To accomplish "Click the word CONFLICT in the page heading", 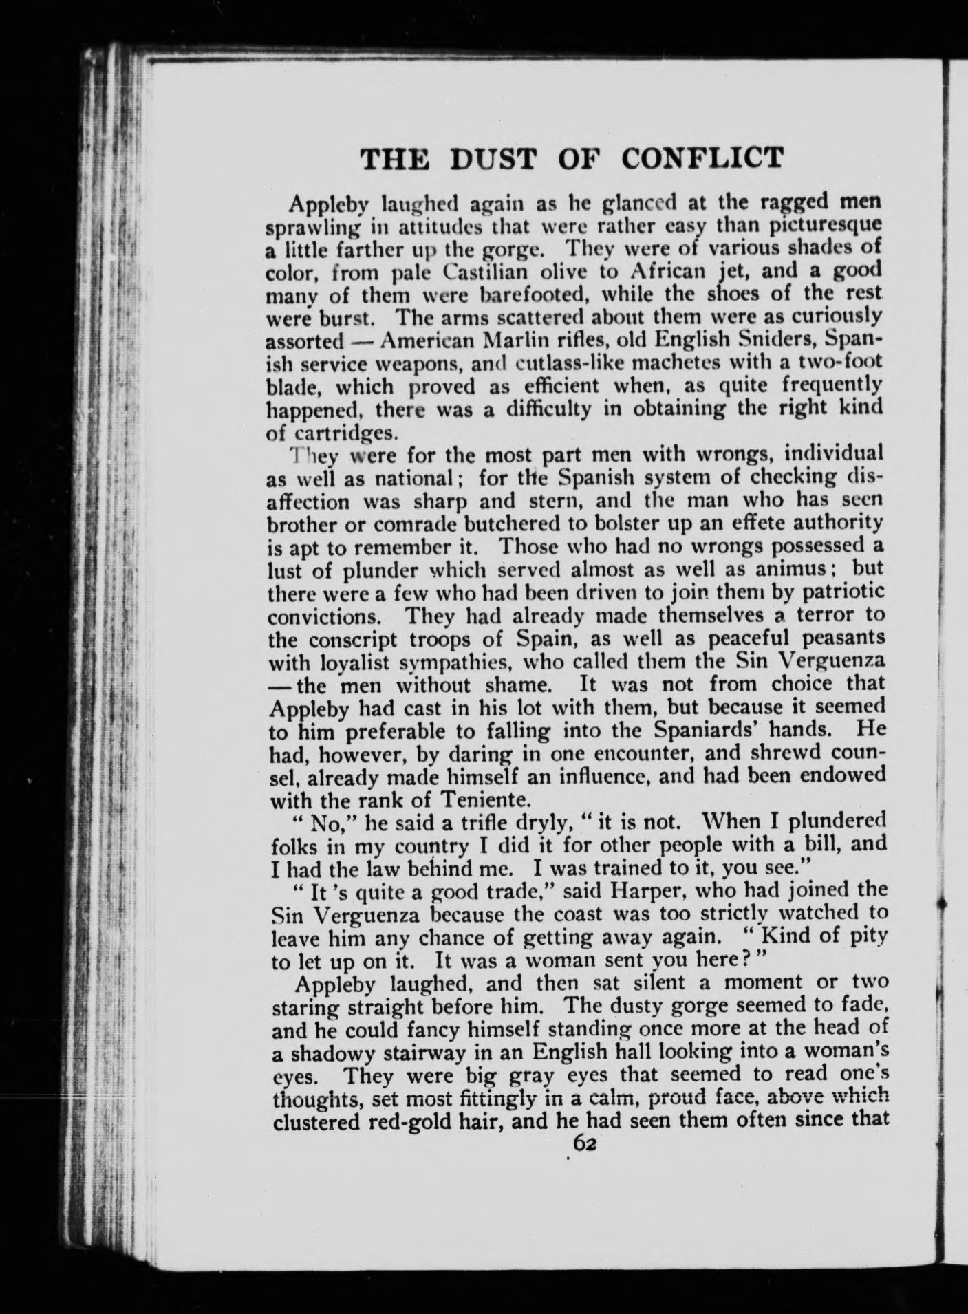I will tap(702, 158).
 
